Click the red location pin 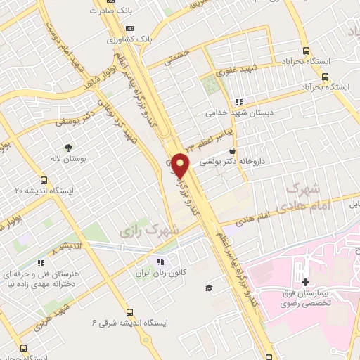(181, 165)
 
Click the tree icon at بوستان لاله (68, 148)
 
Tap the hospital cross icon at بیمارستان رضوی (304, 282)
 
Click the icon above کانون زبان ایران (160, 262)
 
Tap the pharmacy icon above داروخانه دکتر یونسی (232, 150)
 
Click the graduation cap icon (208, 288)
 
